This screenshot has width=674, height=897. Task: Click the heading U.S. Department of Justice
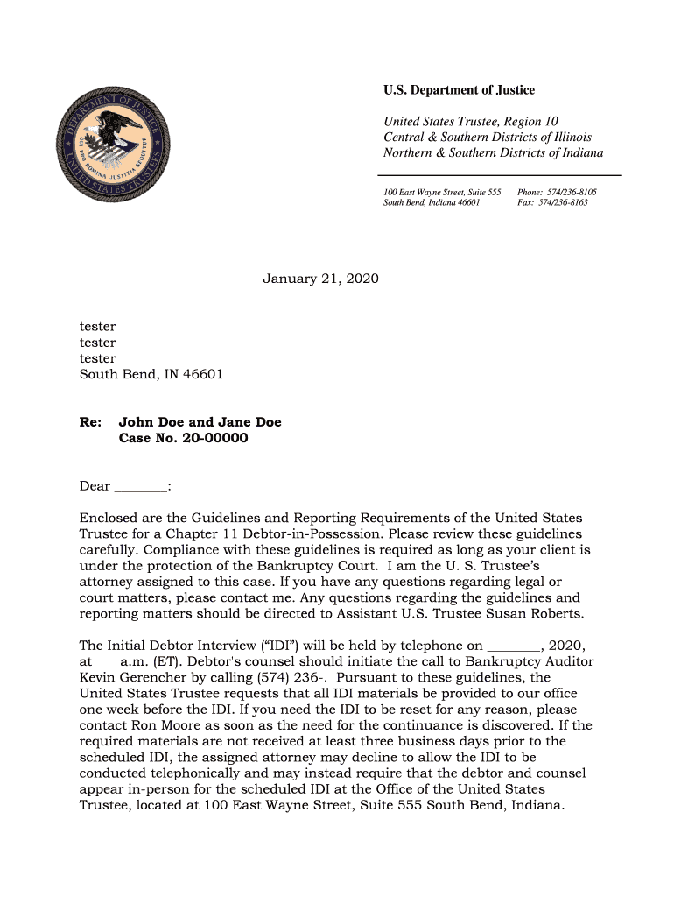coord(459,90)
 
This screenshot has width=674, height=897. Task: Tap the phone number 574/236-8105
coord(570,191)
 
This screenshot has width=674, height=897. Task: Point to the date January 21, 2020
coord(321,279)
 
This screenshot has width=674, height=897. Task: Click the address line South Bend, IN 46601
coord(151,374)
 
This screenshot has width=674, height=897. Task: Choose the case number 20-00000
coord(214,438)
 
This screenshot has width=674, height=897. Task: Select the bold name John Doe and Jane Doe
coord(200,422)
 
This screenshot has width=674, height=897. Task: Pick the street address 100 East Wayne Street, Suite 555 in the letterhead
coord(442,191)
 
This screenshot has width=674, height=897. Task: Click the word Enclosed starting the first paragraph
coord(111,519)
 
